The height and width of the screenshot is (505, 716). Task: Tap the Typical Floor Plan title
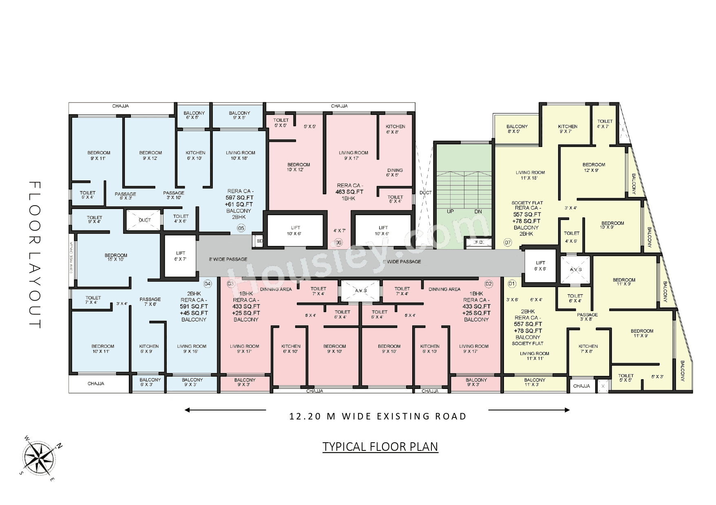(380, 447)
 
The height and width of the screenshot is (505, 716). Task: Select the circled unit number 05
(241, 228)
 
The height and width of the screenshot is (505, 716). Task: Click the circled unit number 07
(508, 242)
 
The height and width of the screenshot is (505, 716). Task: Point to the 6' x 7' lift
(180, 256)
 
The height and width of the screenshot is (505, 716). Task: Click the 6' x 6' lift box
(540, 266)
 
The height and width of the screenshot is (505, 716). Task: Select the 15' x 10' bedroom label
(116, 257)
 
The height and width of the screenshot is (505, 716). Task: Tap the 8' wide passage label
(228, 259)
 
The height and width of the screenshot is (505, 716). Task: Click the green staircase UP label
(450, 211)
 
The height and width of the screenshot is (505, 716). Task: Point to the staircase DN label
(478, 211)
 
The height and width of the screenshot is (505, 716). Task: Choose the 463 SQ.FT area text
(349, 192)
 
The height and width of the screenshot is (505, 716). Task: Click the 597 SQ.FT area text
(239, 198)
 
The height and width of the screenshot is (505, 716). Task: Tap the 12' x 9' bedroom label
(593, 167)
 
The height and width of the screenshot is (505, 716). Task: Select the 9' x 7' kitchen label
(567, 129)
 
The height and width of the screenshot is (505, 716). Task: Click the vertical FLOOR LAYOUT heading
(35, 255)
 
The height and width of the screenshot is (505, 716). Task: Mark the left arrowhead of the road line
(187, 410)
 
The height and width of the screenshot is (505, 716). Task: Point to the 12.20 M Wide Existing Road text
(378, 416)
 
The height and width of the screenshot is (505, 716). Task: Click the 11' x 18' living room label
(530, 175)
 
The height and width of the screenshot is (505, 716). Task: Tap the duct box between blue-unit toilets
(144, 220)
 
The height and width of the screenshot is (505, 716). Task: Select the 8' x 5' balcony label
(517, 129)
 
